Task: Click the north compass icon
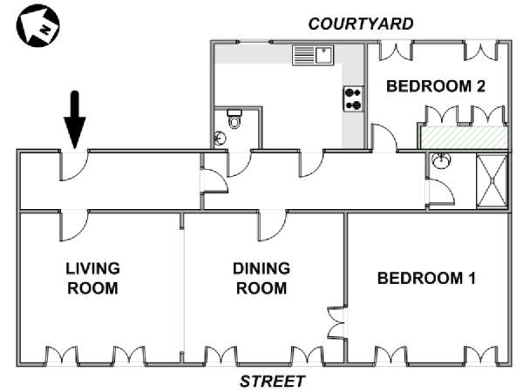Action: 37,25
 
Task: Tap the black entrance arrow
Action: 75,119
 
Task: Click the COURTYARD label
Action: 361,24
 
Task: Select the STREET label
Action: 272,381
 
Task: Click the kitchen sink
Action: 313,56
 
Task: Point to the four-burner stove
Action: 353,98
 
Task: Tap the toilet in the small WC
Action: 234,119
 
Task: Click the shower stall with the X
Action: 492,181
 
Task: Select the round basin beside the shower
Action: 441,160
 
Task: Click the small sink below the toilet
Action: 220,138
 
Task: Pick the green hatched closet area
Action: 464,138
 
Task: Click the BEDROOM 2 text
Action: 436,86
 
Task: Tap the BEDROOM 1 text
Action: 426,278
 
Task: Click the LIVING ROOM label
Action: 92,279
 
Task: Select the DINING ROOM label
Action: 261,279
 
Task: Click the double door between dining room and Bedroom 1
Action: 337,322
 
